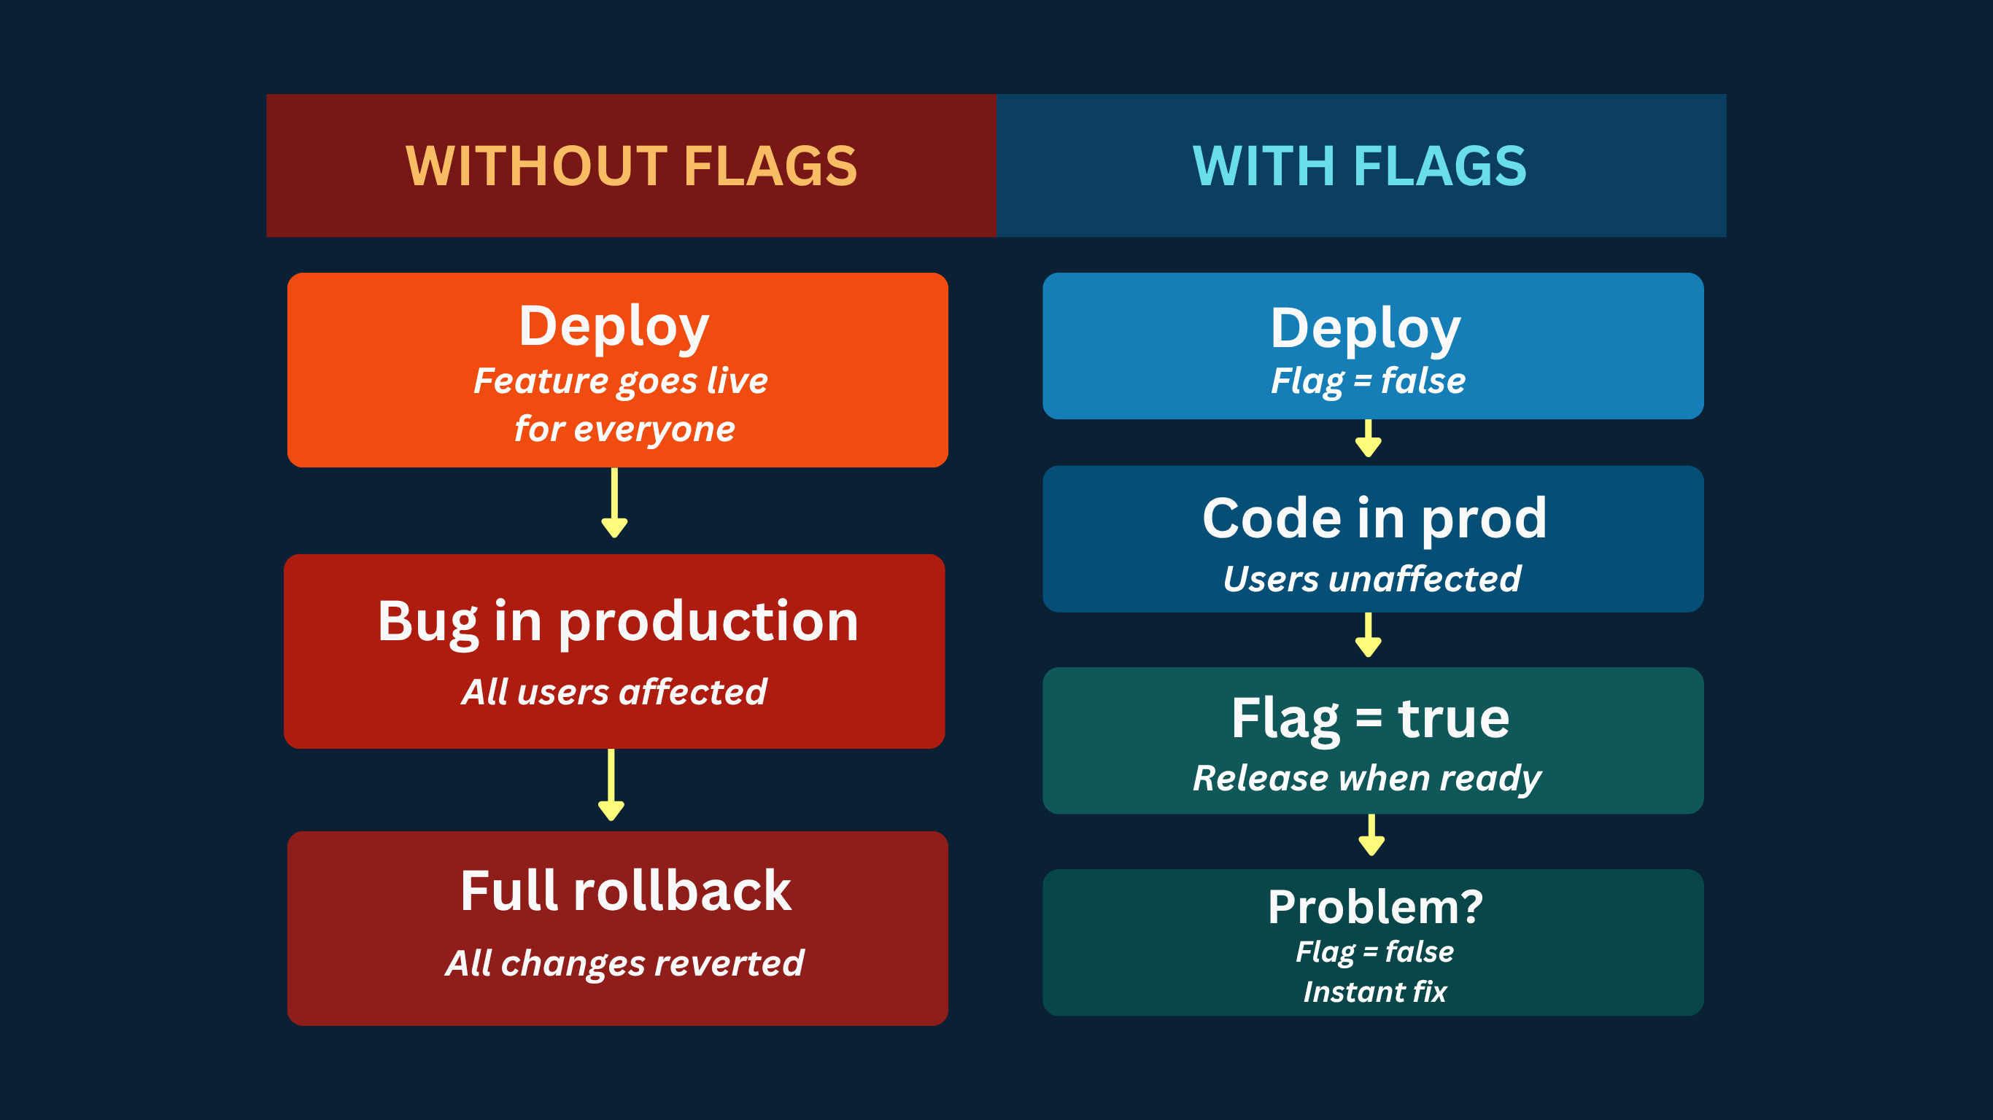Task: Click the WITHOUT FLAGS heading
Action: (631, 166)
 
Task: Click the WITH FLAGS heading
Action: (1359, 166)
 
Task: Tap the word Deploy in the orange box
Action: (614, 327)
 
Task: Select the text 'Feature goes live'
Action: (621, 381)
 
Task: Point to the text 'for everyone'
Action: (624, 429)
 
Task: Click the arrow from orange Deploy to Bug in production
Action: (614, 503)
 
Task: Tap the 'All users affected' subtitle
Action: (614, 691)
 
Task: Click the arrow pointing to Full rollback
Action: (611, 785)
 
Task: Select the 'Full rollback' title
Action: (625, 890)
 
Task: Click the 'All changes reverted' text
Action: (624, 963)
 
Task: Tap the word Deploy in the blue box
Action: (1366, 329)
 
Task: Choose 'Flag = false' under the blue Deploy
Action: (1368, 381)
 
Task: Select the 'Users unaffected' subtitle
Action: (1371, 578)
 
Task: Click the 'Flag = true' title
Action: (1370, 718)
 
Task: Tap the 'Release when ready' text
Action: (1367, 778)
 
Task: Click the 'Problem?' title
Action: (1375, 906)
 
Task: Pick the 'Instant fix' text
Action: (1375, 992)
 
